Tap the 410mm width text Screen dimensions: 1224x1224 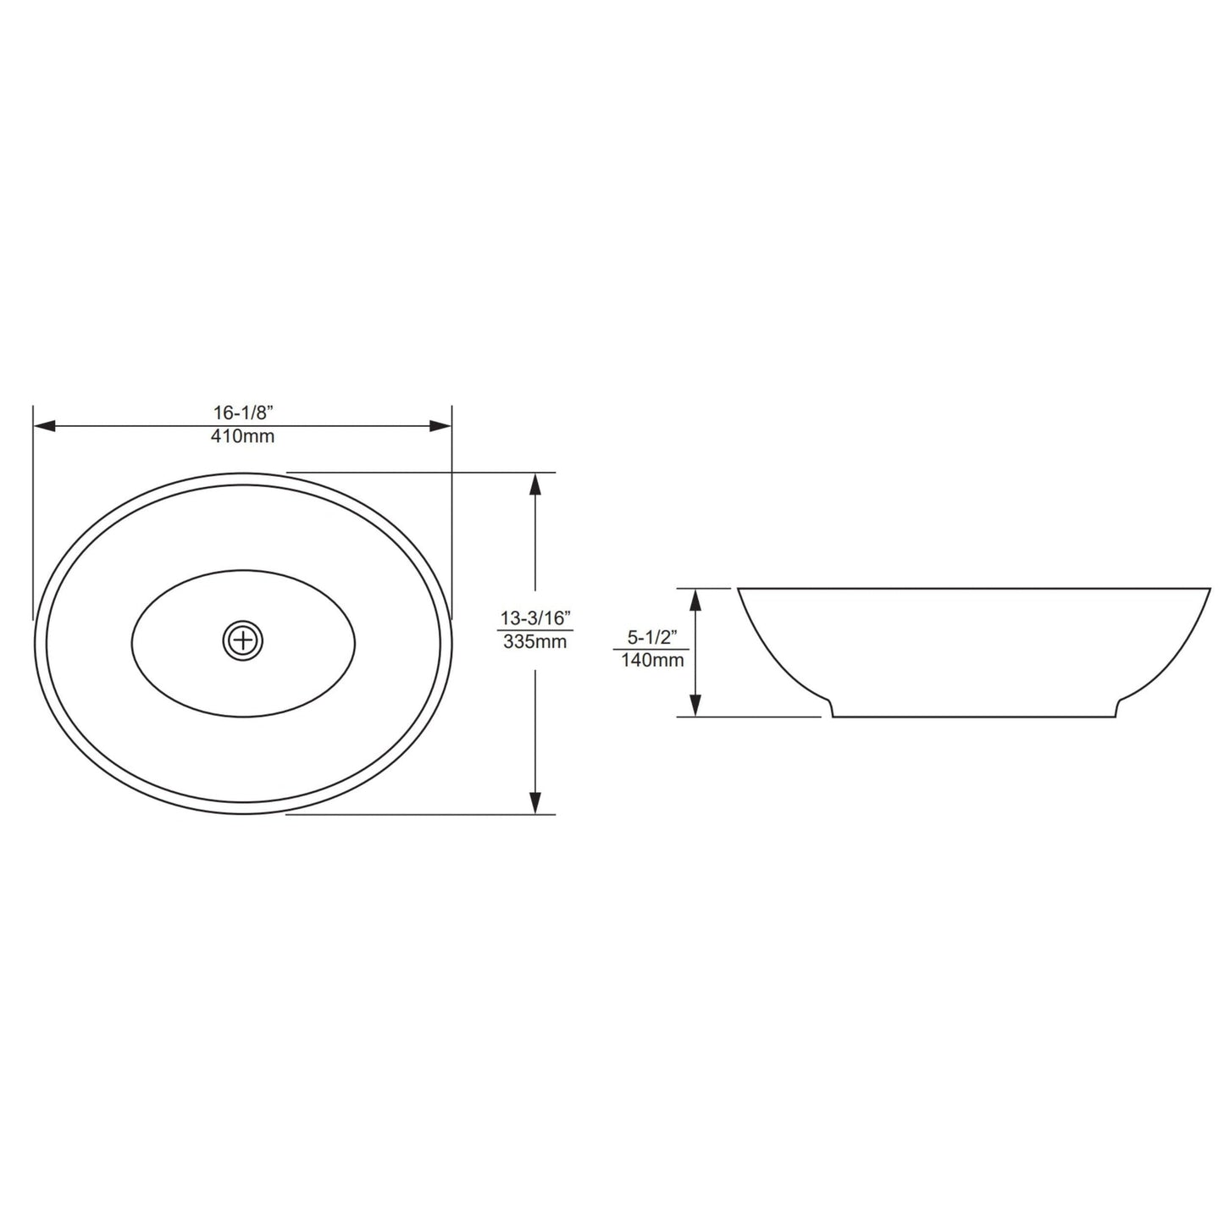(x=243, y=437)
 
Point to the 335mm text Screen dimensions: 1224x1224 (x=534, y=641)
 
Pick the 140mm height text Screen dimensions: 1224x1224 (x=652, y=661)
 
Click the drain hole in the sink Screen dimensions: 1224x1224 (x=244, y=640)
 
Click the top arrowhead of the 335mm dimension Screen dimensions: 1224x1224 (x=534, y=484)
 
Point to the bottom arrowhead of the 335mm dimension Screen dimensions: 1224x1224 (x=534, y=802)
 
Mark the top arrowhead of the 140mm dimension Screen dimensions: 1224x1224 (x=695, y=600)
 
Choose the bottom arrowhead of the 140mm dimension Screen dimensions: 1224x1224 (x=695, y=705)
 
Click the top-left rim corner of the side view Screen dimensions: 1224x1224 (x=739, y=589)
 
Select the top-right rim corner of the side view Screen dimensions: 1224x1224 (x=1210, y=589)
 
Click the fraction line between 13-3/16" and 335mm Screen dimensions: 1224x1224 (x=534, y=629)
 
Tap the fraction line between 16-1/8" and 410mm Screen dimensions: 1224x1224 (x=243, y=425)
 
